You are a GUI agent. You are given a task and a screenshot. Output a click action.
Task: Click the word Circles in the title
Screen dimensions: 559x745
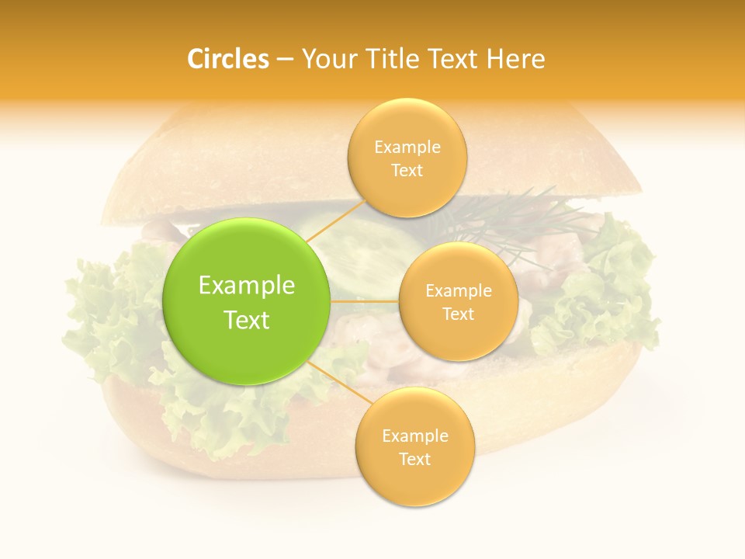pos(228,59)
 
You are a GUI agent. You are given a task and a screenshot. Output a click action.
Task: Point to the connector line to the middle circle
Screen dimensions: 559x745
pos(365,301)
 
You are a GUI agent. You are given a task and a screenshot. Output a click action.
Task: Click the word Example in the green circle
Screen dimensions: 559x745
pos(247,286)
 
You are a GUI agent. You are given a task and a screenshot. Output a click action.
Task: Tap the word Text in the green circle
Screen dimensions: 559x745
pos(247,320)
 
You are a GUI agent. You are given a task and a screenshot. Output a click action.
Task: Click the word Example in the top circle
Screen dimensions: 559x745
pos(407,148)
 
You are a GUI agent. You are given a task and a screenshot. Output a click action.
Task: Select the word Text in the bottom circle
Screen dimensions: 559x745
pos(414,459)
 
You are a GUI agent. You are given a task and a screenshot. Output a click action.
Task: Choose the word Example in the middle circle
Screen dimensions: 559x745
pos(458,291)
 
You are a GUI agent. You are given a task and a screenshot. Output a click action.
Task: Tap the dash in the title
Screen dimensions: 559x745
pos(284,60)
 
